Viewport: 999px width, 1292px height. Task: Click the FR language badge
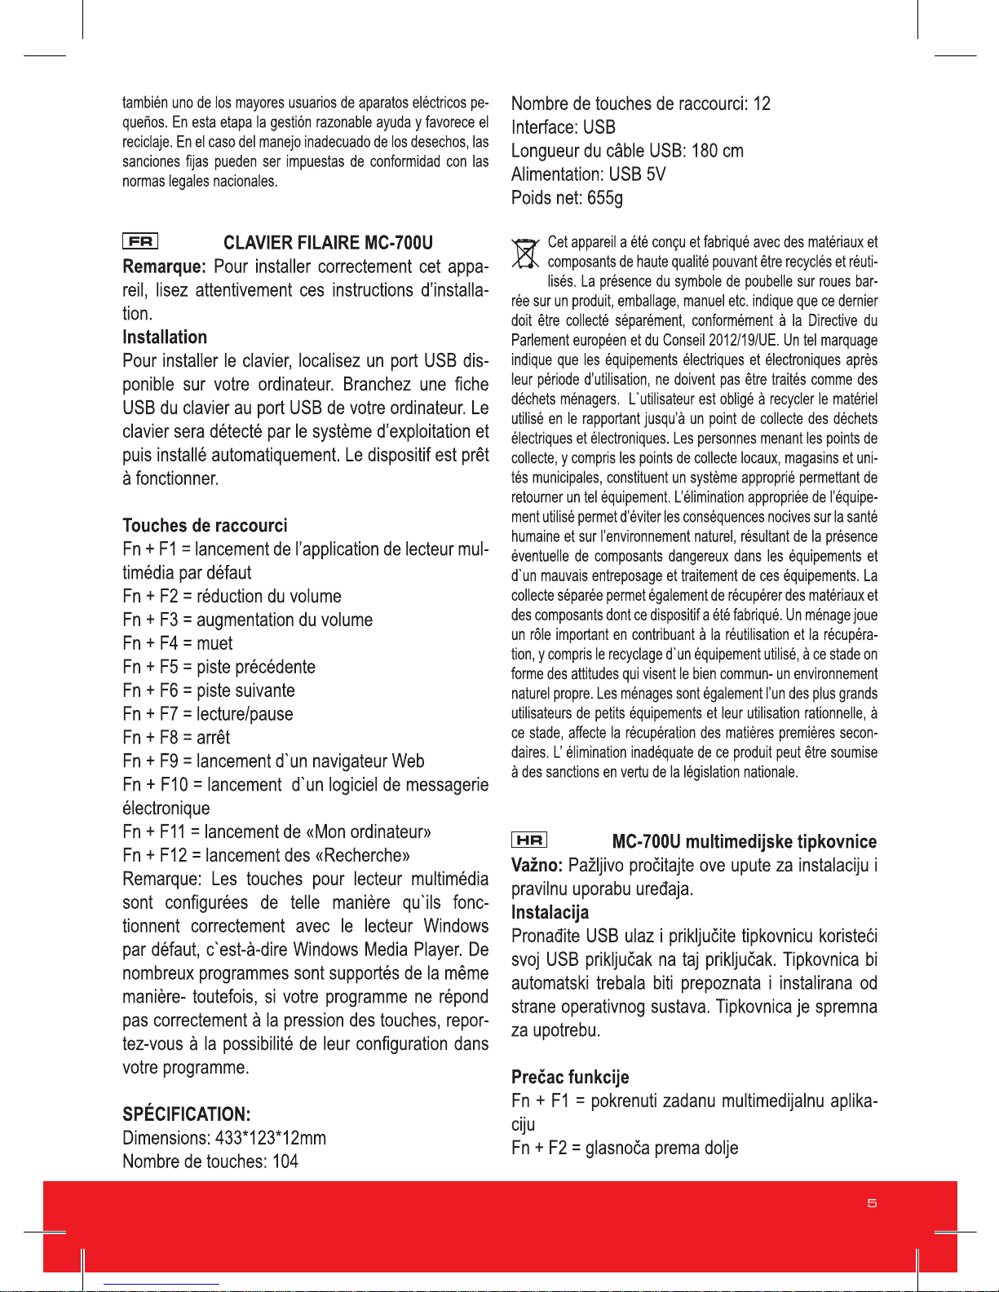pos(140,241)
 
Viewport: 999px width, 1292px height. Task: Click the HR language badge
pos(529,840)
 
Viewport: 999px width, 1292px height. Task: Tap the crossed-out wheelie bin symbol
pos(526,253)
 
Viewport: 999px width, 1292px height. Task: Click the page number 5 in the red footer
pos(872,1203)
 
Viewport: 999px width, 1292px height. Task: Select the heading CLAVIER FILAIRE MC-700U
pos(328,243)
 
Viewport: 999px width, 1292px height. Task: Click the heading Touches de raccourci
pos(205,525)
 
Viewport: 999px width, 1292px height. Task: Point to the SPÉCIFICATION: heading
pos(186,1114)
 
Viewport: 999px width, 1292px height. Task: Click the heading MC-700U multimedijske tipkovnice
pos(744,841)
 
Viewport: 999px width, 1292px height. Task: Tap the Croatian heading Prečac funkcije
pos(570,1077)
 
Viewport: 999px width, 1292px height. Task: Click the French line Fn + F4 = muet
pos(178,643)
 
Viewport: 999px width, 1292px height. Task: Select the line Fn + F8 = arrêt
pos(176,737)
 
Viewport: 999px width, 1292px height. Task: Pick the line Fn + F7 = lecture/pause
pos(207,714)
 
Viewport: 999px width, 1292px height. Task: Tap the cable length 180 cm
pos(717,151)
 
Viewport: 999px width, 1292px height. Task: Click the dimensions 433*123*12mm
pos(271,1138)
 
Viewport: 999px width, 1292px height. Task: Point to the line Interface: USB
pos(563,127)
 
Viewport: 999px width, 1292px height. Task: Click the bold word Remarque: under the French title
pos(164,267)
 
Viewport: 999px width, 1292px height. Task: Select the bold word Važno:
pos(537,865)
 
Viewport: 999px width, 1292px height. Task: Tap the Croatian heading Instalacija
pos(550,912)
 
